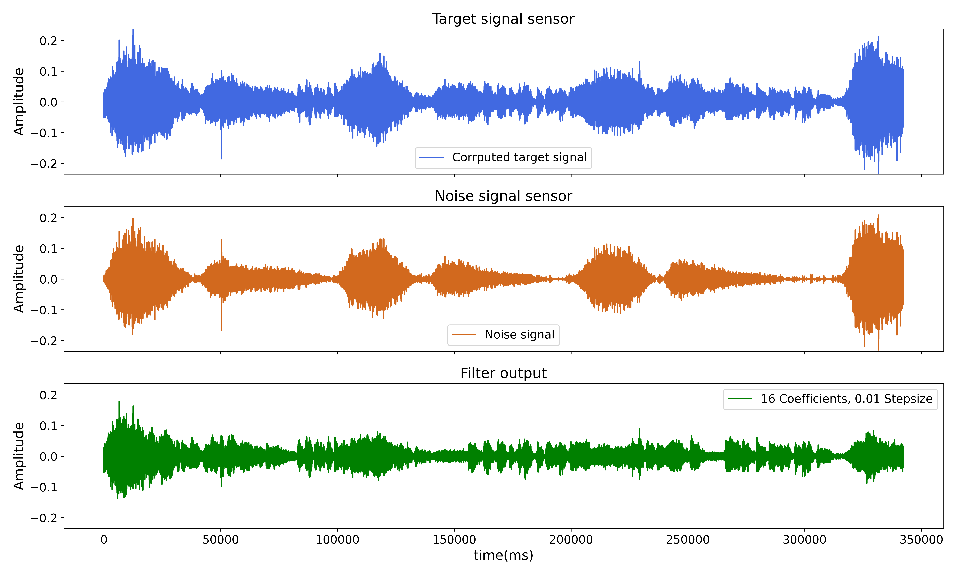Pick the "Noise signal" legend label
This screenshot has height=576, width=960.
tap(519, 335)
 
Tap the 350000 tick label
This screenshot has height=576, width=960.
tap(921, 540)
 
